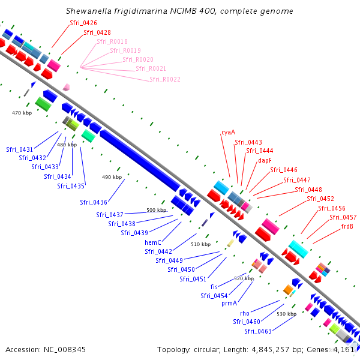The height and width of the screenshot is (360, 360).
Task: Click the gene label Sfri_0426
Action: click(83, 23)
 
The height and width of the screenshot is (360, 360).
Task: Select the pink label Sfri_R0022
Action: click(165, 79)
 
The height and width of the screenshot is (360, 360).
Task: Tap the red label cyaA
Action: click(228, 132)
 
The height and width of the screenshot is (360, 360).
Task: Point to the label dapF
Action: click(265, 161)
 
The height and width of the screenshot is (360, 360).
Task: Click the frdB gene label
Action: click(347, 227)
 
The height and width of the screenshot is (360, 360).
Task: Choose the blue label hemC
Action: click(153, 242)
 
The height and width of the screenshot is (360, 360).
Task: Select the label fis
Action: click(214, 287)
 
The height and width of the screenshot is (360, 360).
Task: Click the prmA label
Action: click(229, 304)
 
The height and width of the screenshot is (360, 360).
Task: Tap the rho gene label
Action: click(244, 313)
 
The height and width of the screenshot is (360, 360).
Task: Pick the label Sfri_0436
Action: click(93, 202)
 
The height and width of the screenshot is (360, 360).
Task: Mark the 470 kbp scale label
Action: click(22, 113)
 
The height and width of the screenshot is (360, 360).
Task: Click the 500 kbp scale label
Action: click(156, 211)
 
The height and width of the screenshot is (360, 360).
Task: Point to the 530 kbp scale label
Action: click(286, 314)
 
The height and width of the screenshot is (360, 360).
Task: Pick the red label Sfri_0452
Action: click(320, 199)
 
